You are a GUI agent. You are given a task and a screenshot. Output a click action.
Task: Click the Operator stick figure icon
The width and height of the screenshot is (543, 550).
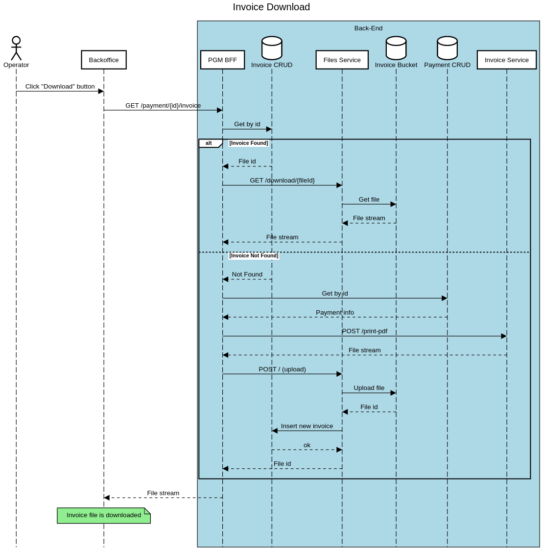[16, 48]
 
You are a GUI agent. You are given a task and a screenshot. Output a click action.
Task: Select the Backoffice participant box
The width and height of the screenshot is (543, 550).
[104, 60]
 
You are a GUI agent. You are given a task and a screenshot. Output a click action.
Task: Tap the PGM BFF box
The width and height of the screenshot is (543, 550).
[222, 60]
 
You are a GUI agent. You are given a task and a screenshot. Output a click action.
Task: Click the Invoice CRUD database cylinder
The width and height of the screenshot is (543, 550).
[272, 48]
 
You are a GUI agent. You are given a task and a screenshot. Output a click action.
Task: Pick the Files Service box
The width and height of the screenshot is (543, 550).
[342, 60]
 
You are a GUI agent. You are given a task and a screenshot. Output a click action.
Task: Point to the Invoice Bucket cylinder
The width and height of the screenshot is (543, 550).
[396, 48]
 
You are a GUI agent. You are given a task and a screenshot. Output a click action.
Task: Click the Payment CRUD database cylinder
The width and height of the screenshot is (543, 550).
[447, 48]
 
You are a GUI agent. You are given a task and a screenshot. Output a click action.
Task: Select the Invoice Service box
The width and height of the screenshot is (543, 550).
[506, 60]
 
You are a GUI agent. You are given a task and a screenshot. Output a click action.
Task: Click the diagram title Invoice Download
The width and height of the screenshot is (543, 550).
[271, 7]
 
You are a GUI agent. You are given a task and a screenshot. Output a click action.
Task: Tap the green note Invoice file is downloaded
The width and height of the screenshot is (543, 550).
[103, 515]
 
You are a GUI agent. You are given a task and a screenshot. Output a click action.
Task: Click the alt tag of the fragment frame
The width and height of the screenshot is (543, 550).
[209, 143]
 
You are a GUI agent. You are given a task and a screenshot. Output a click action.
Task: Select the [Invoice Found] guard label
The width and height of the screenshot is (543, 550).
[249, 143]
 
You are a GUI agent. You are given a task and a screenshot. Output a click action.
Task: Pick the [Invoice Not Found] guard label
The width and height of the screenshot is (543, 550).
[254, 256]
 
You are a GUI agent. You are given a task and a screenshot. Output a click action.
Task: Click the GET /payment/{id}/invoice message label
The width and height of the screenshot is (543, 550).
[163, 105]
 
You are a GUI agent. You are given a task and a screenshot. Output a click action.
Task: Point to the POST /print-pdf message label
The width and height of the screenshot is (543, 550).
[364, 331]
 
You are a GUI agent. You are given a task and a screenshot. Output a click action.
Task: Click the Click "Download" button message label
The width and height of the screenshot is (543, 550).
[60, 87]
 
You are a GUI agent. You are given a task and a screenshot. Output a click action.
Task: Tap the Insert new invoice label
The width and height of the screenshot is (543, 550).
[307, 426]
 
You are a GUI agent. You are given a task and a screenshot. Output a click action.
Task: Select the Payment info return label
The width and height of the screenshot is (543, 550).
[335, 313]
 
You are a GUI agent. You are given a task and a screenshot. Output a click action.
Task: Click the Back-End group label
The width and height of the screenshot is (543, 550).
[368, 28]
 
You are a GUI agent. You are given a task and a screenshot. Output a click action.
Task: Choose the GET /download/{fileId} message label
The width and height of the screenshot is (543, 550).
[282, 181]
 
